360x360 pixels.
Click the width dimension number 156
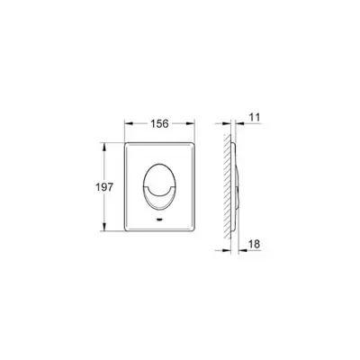click(x=159, y=123)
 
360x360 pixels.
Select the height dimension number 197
click(x=104, y=187)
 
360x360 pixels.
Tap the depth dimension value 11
click(x=255, y=117)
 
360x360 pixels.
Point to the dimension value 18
click(x=254, y=244)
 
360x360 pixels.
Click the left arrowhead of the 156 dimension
click(x=129, y=123)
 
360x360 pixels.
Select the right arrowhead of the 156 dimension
click(x=191, y=123)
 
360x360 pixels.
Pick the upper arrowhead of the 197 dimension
click(x=104, y=147)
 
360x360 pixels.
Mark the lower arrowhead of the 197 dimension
click(x=104, y=227)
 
